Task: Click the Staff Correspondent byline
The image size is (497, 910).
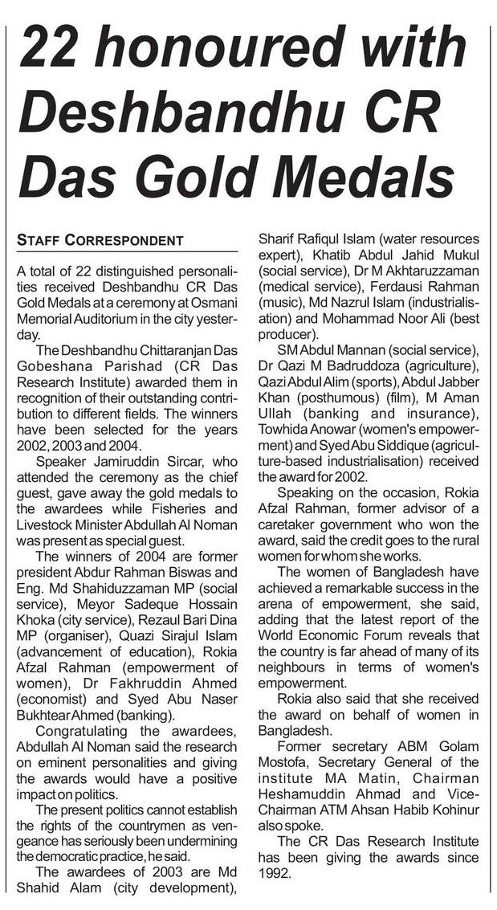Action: [100, 241]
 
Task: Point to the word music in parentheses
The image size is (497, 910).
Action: [277, 300]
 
